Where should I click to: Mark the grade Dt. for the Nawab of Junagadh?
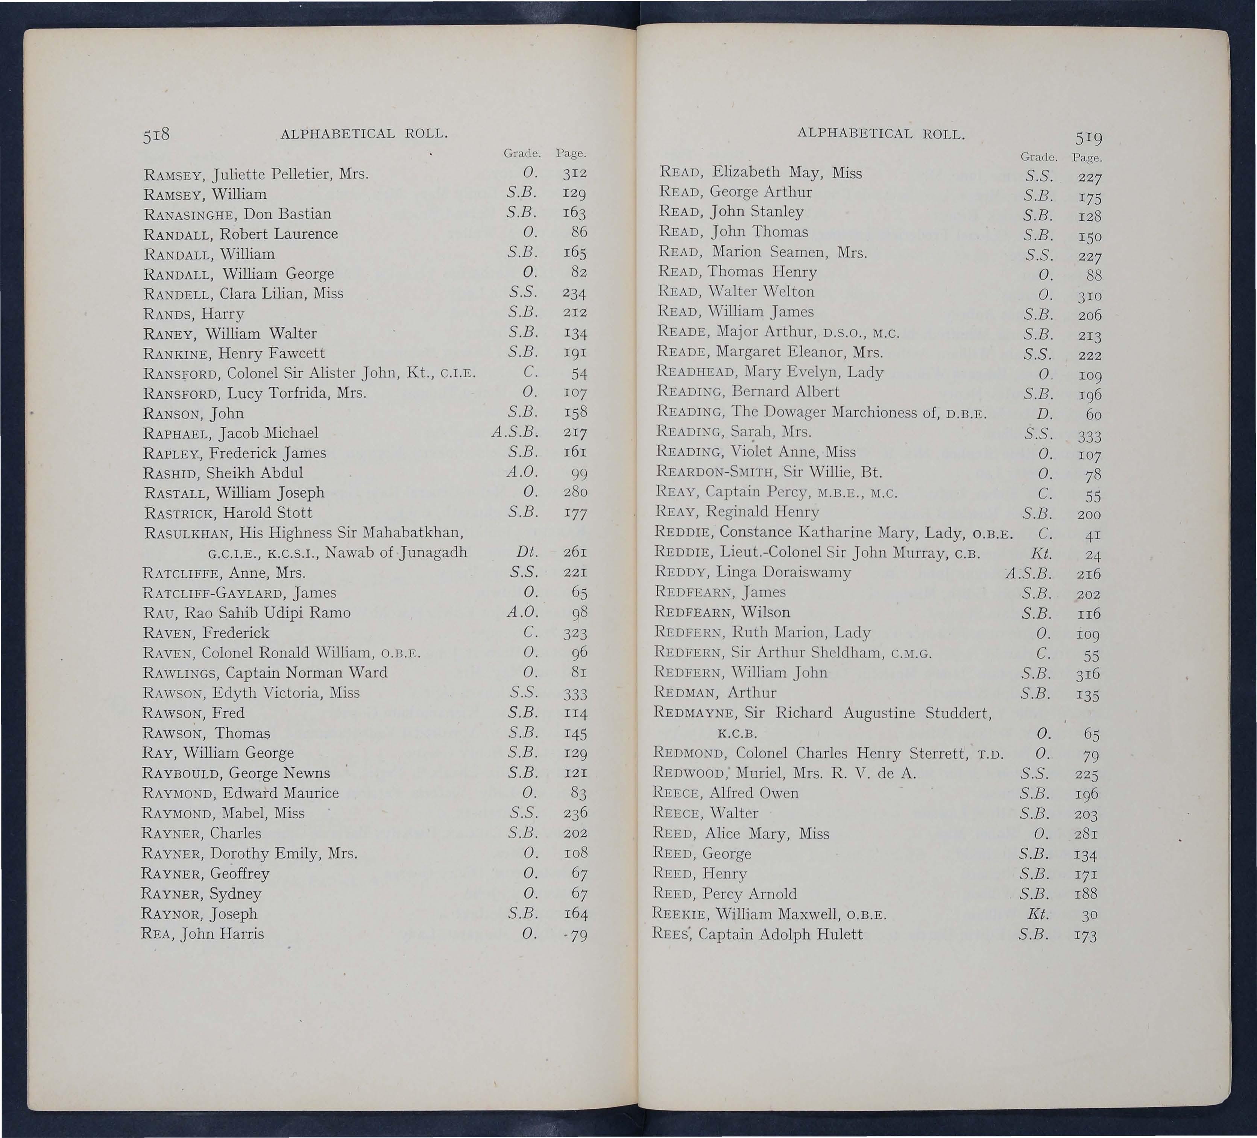pyautogui.click(x=527, y=552)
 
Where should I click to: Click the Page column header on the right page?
pyautogui.click(x=1087, y=158)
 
